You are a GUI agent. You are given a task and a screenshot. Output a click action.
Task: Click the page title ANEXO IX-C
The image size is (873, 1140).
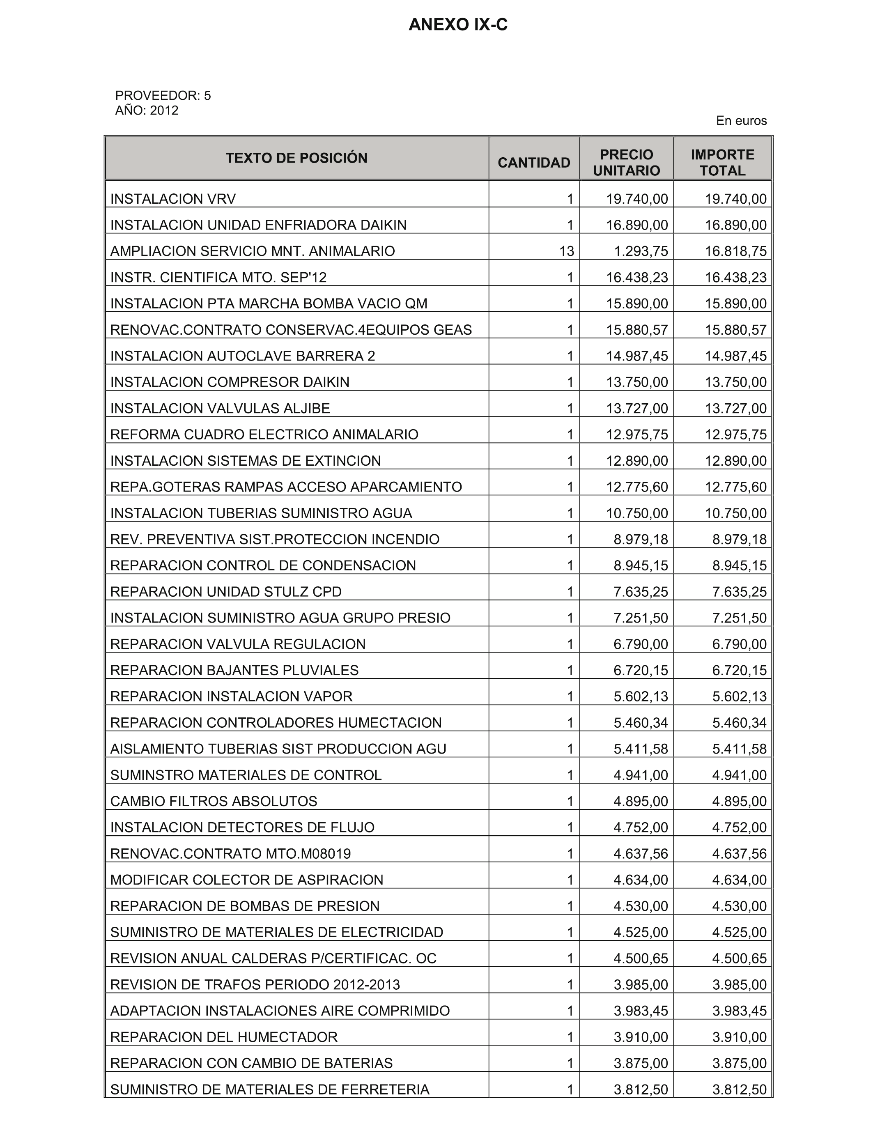[x=458, y=25]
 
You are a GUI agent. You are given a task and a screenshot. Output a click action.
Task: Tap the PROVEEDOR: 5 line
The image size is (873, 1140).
[x=163, y=96]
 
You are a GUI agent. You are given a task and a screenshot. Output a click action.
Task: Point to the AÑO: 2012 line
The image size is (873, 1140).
[x=147, y=111]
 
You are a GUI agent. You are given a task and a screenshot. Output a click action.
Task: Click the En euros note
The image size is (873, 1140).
[x=741, y=121]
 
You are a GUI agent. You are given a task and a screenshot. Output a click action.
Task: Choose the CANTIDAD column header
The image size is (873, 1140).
[x=534, y=163]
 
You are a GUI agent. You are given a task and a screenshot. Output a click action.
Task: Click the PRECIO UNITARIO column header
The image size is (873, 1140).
[x=626, y=163]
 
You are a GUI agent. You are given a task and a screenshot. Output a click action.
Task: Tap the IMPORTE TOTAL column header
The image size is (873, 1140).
[x=722, y=163]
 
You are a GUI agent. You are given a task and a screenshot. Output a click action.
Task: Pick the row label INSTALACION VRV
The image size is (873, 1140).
[x=173, y=199]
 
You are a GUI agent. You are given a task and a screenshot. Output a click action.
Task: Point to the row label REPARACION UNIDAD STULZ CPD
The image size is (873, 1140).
[x=226, y=592]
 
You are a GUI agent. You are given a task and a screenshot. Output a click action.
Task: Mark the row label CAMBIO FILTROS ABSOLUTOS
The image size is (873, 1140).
[x=214, y=801]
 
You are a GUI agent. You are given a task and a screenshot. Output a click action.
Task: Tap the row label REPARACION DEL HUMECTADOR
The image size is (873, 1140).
[x=224, y=1037]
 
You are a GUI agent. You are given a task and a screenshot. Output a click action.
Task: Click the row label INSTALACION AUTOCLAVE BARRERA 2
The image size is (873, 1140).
[x=243, y=356]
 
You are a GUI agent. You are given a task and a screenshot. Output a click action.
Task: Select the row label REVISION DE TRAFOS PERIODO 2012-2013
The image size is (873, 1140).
[x=255, y=985]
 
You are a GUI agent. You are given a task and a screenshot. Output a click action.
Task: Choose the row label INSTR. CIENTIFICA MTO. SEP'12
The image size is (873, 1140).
[x=218, y=278]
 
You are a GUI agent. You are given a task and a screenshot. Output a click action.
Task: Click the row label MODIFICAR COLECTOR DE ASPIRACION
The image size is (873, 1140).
[x=247, y=880]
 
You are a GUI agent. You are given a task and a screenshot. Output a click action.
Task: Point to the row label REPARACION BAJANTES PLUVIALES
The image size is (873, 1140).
[x=234, y=670]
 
